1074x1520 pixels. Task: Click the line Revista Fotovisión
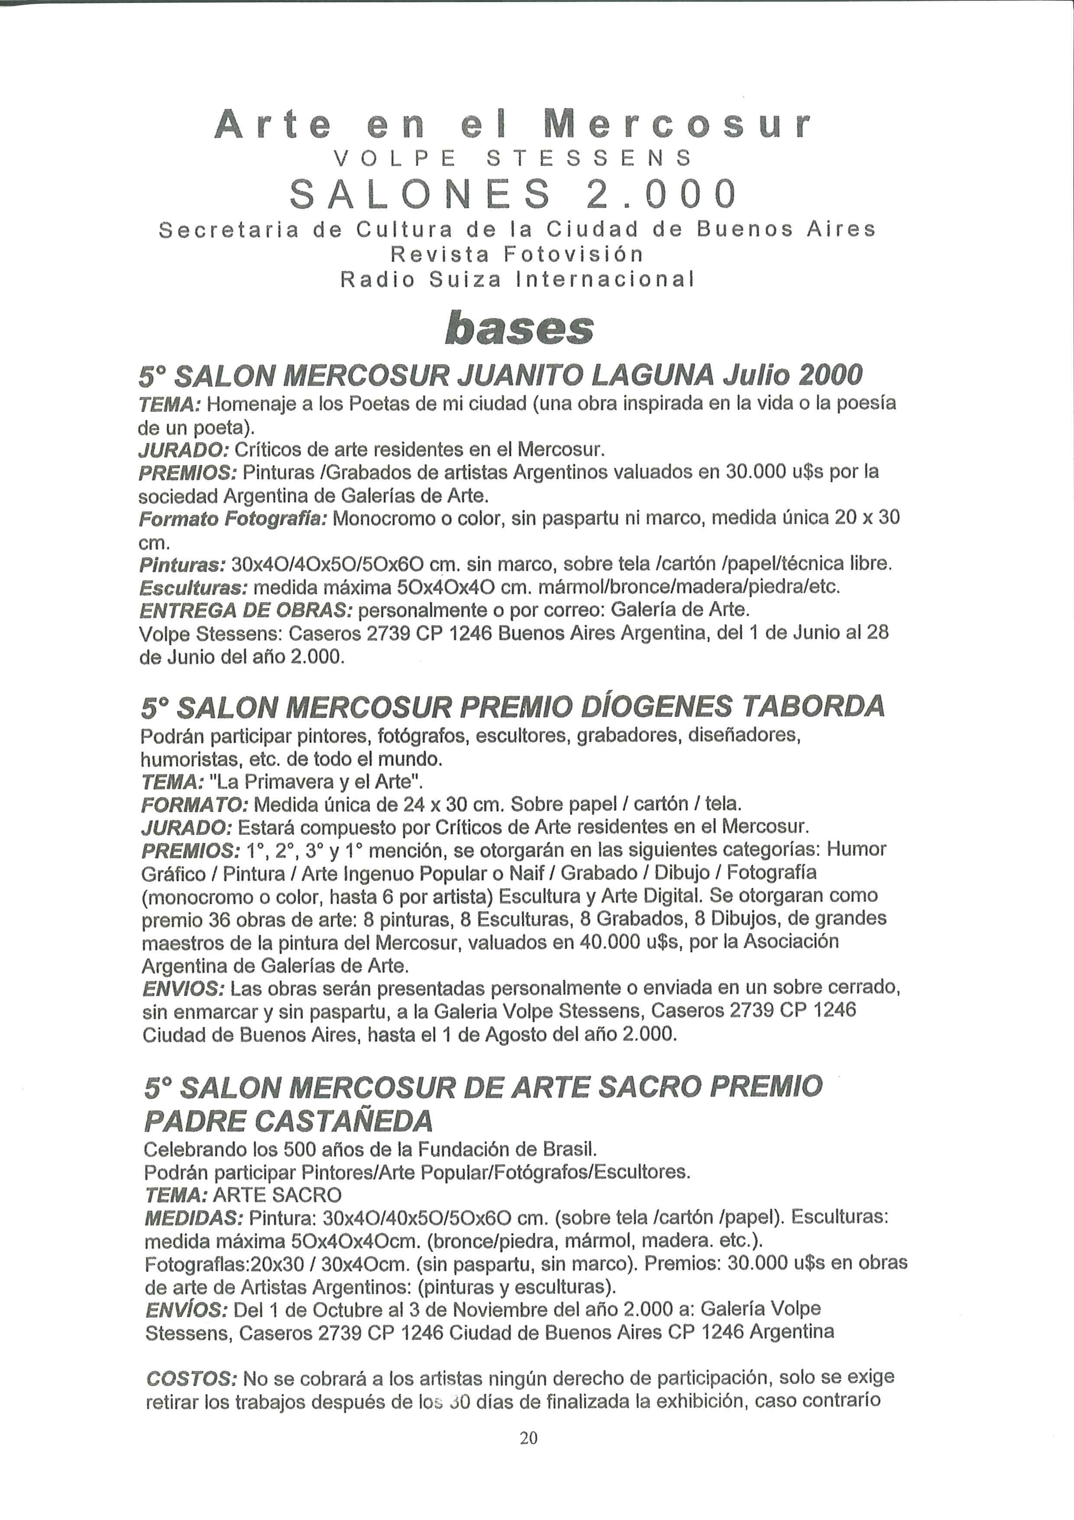click(x=516, y=254)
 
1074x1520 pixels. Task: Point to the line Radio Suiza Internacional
click(x=517, y=279)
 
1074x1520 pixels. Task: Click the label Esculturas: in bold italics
click(x=194, y=587)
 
